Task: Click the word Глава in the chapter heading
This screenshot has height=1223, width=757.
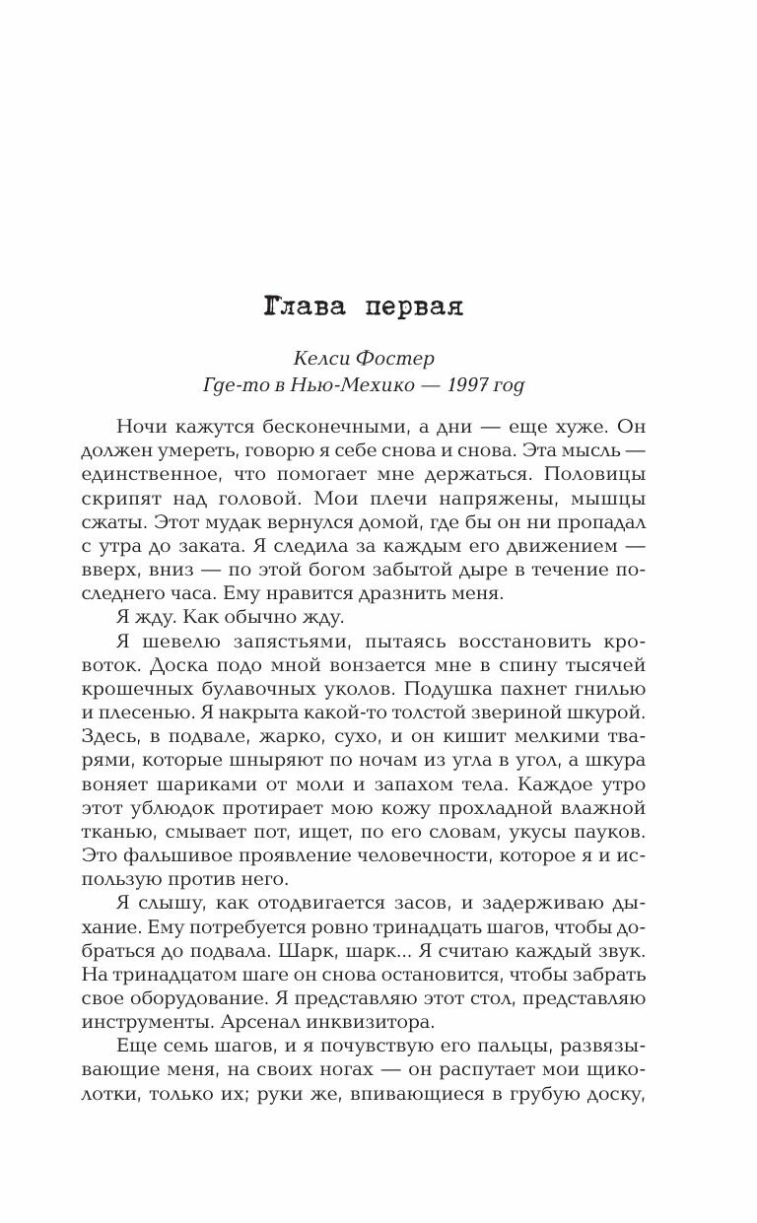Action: (306, 306)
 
